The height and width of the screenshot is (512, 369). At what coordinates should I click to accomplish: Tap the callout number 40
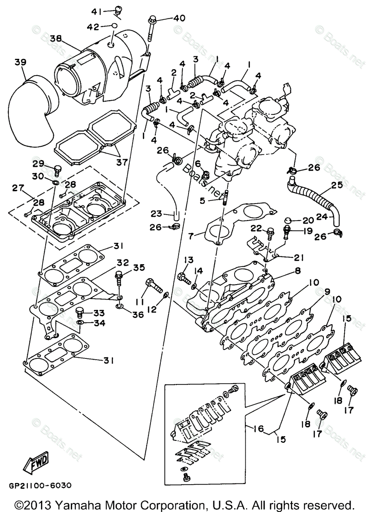pyautogui.click(x=179, y=18)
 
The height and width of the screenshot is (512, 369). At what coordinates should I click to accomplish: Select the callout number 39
pyautogui.click(x=20, y=63)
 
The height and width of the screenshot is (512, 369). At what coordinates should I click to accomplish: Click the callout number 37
pyautogui.click(x=122, y=162)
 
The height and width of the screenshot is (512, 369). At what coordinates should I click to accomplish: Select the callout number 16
pyautogui.click(x=258, y=428)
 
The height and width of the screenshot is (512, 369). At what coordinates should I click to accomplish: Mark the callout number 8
pyautogui.click(x=298, y=271)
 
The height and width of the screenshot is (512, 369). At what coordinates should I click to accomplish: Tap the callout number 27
pyautogui.click(x=18, y=188)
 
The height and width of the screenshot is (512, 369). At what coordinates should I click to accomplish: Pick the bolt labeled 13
pyautogui.click(x=185, y=278)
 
